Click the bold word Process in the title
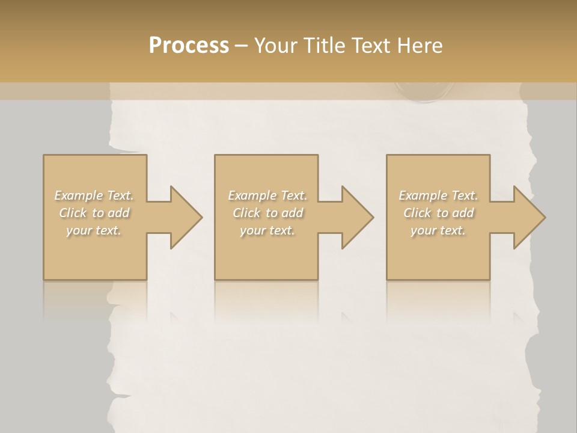pos(189,45)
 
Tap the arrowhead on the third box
pos(525,217)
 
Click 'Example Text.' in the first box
pos(94,195)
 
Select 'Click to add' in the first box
pos(94,213)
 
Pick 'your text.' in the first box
pos(94,230)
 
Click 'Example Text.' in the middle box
pos(267,195)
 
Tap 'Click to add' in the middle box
pos(267,213)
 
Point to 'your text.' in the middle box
pos(267,230)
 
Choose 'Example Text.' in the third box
pos(438,195)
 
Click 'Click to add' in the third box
pos(438,213)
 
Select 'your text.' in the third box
pos(438,230)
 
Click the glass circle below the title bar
pos(424,91)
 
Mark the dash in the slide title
pos(242,46)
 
